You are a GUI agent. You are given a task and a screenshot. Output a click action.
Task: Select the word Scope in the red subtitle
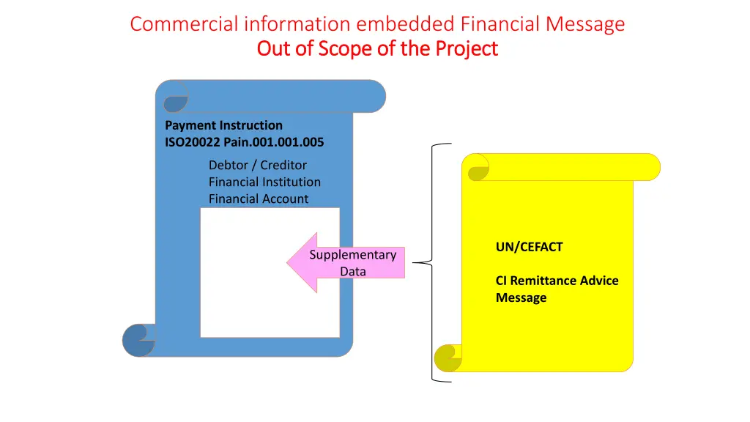click(x=346, y=48)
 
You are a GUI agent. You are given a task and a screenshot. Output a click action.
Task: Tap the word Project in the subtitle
click(x=467, y=48)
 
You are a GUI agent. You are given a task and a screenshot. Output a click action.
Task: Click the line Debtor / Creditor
click(x=257, y=166)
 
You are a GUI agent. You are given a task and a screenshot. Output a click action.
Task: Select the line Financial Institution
click(x=264, y=182)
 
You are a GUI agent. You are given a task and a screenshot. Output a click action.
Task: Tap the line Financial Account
click(x=259, y=199)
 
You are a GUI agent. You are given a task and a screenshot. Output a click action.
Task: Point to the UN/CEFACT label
click(x=529, y=247)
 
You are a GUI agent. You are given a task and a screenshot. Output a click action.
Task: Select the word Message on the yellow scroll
click(x=521, y=297)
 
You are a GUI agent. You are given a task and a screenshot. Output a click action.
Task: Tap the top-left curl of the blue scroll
click(x=174, y=97)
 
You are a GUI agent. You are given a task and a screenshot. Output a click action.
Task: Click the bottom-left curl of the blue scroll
click(x=139, y=340)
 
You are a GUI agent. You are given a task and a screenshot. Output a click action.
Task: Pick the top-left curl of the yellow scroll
click(x=478, y=168)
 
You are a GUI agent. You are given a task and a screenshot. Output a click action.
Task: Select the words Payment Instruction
click(x=223, y=125)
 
